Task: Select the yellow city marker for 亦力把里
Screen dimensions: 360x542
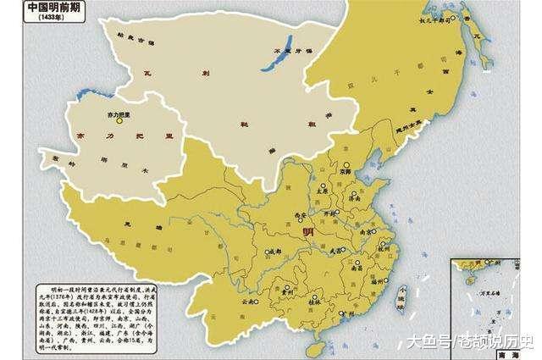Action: [x=120, y=121]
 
